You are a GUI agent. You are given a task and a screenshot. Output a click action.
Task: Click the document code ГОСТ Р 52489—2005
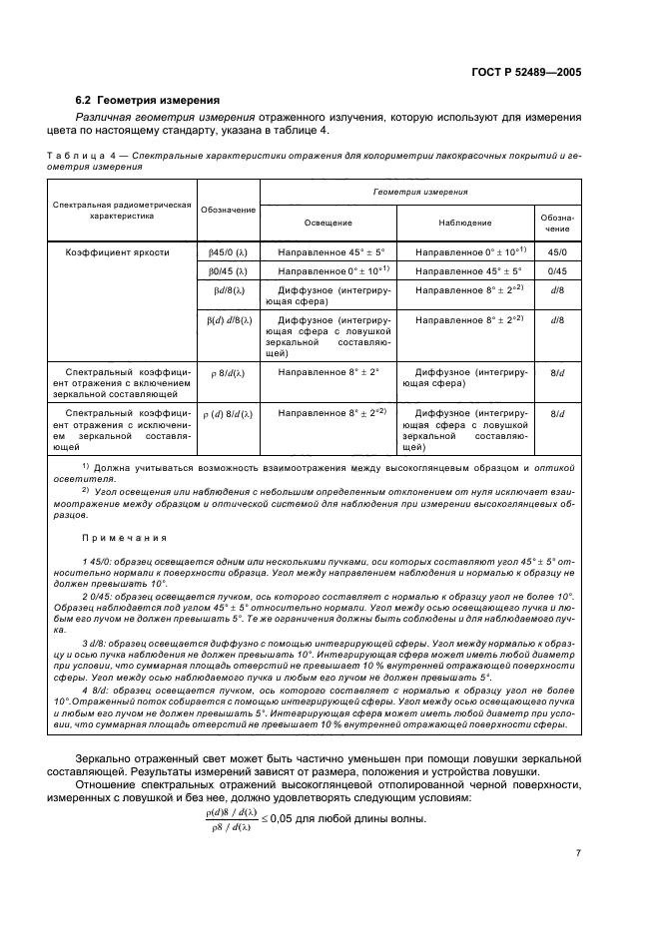click(527, 73)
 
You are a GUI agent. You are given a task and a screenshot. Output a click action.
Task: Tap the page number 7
click(578, 852)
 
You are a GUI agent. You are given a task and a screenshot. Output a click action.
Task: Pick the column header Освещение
click(328, 223)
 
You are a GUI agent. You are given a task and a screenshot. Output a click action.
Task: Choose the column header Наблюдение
click(466, 223)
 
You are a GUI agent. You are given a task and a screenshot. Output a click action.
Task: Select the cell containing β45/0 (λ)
click(229, 253)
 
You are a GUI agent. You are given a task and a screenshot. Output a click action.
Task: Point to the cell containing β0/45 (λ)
click(229, 271)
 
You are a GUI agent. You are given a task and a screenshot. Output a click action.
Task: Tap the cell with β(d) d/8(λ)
click(229, 319)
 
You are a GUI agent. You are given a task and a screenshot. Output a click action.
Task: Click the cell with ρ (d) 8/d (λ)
click(229, 413)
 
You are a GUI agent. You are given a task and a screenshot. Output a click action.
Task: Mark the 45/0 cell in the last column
click(558, 253)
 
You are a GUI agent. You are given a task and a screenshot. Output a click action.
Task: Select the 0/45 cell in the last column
click(558, 271)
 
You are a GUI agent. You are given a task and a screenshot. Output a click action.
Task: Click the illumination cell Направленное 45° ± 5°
click(328, 253)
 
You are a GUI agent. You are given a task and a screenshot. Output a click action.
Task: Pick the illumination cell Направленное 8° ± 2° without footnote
click(328, 371)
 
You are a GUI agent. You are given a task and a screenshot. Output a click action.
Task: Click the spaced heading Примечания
click(125, 536)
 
